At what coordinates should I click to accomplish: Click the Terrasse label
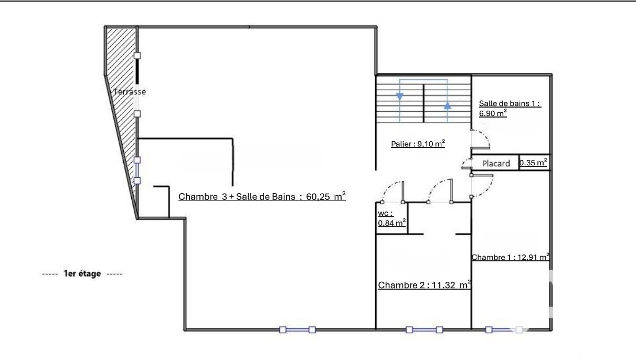pos(130,92)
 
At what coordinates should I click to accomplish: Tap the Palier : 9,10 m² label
pos(418,144)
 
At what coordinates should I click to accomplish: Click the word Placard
pos(496,164)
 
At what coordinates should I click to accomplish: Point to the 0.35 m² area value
pos(533,163)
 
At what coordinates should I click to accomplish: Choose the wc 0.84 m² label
pos(392,218)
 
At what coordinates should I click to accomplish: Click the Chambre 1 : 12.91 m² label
pos(511,257)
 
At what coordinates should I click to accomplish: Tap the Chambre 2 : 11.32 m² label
pos(425,285)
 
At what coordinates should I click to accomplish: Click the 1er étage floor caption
pos(82,274)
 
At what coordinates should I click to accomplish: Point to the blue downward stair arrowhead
pos(400,97)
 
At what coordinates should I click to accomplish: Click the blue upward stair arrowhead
pos(448,105)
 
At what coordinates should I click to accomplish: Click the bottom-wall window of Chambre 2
pos(424,330)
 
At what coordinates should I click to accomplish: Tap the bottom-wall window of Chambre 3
pos(298,330)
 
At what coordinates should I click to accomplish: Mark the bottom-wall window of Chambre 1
pos(504,330)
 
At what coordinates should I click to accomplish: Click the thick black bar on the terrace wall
pos(137,71)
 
